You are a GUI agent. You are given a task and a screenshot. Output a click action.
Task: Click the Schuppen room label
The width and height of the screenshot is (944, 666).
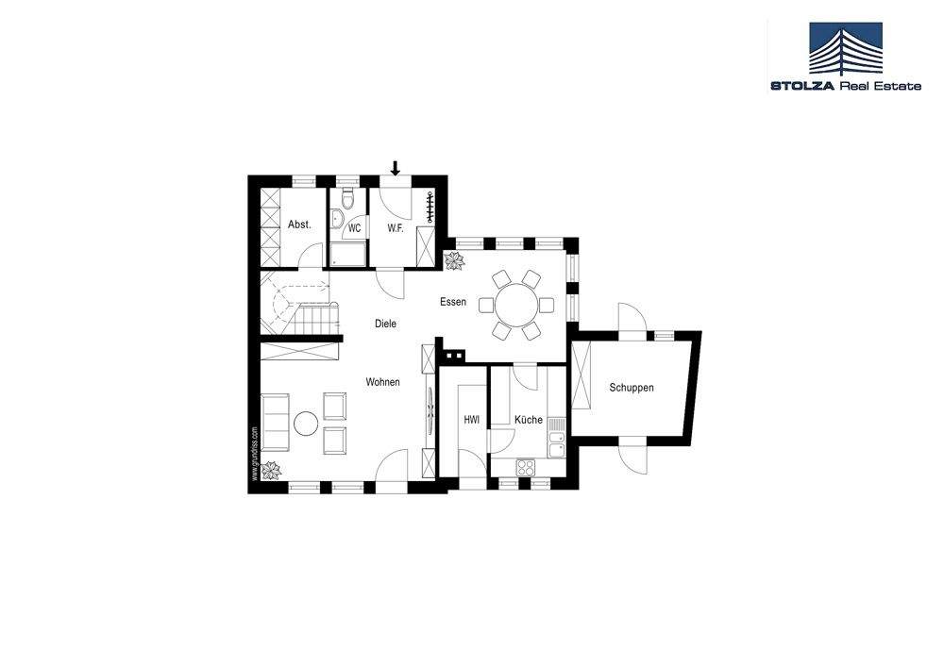pos(632,388)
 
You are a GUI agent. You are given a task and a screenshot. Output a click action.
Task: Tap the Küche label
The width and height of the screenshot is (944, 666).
pos(529,420)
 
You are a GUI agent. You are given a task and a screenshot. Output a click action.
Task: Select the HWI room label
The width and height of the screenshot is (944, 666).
pos(471,420)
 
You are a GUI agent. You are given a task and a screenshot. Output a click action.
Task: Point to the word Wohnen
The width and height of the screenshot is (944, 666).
pos(384,382)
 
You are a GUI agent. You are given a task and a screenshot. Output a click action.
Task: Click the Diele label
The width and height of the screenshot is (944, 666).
pos(385,324)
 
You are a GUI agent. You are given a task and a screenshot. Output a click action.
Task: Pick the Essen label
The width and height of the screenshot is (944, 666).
pos(453,303)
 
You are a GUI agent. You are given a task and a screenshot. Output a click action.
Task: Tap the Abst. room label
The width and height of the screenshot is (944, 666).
pos(300,225)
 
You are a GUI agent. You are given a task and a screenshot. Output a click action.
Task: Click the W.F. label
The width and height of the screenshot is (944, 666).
pos(396,228)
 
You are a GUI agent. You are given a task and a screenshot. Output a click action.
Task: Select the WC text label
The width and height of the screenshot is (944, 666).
pos(355,228)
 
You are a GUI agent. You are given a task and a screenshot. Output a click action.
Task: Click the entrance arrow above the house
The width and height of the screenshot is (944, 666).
pos(396,169)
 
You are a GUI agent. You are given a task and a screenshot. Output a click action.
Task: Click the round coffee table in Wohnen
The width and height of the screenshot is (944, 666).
pos(305,424)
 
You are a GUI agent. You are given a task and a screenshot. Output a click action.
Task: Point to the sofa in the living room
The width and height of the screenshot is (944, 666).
pos(274,424)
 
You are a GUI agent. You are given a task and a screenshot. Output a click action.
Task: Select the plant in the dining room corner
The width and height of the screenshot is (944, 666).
pos(456,260)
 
